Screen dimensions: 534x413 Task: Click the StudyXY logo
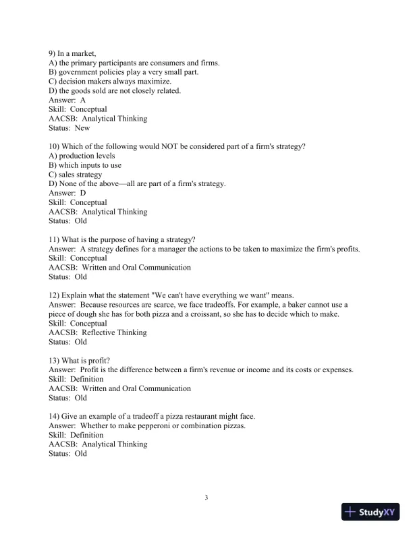pyautogui.click(x=373, y=512)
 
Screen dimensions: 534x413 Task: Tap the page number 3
pyautogui.click(x=206, y=498)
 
